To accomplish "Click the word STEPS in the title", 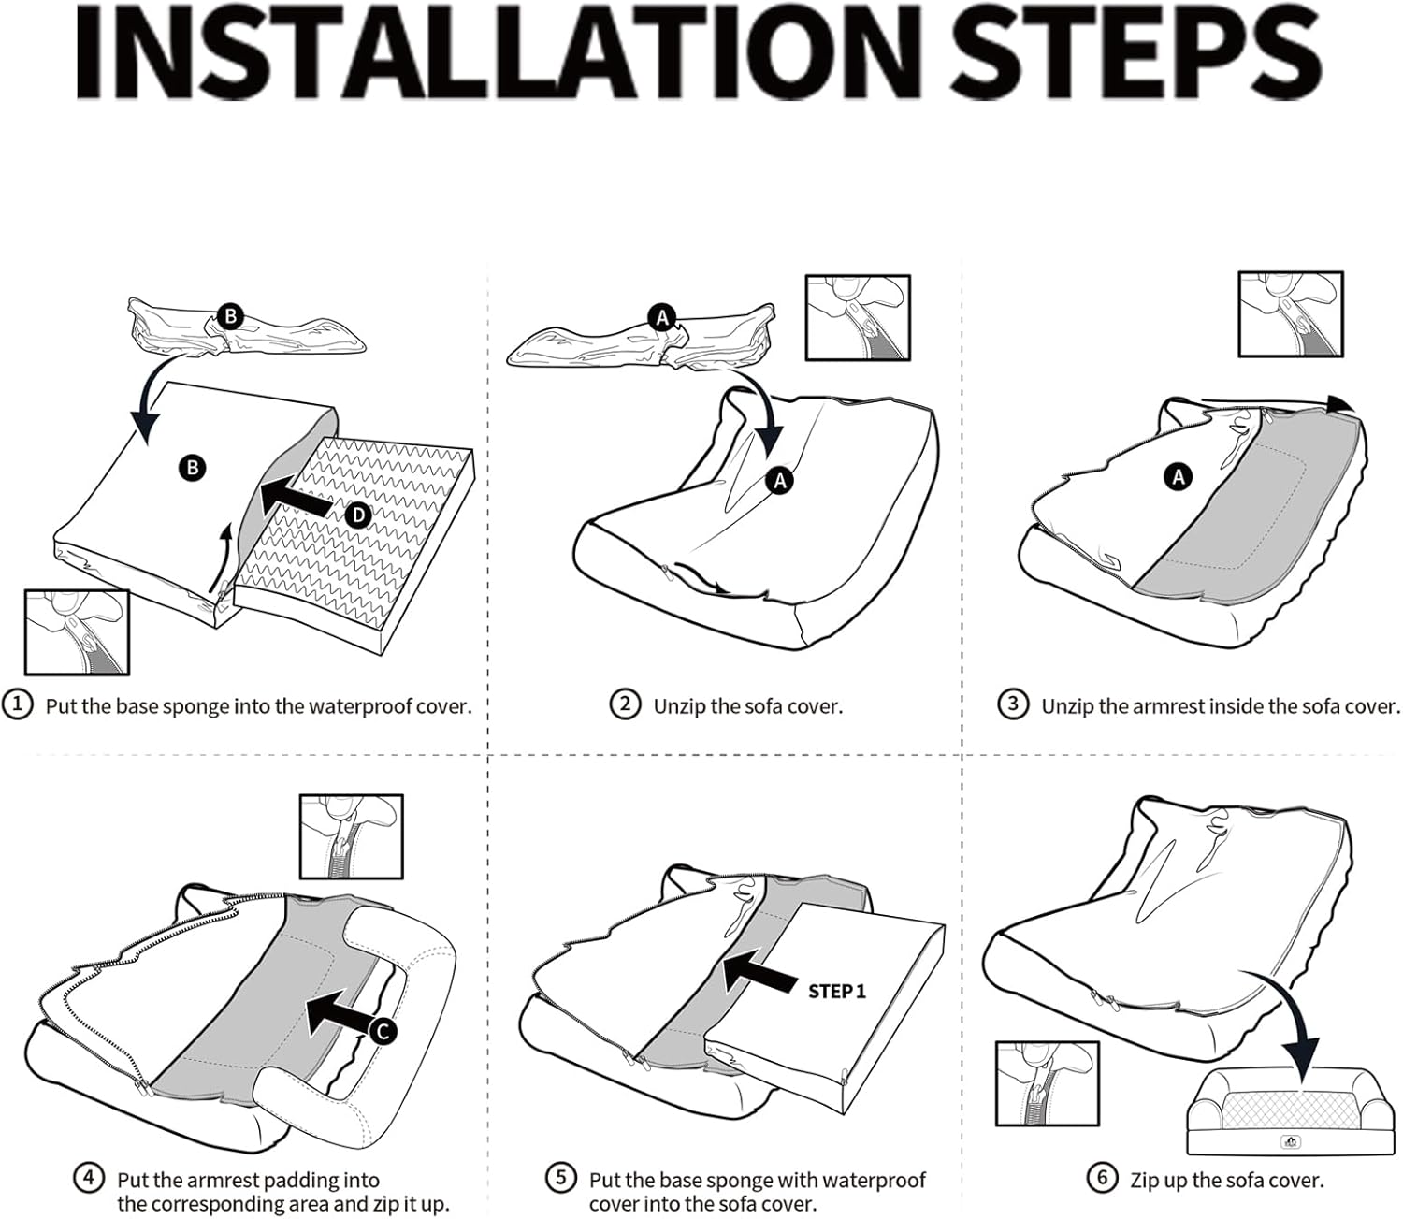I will [1136, 55].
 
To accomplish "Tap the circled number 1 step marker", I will [17, 704].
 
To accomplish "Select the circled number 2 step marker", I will [625, 704].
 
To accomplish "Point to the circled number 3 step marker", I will [1013, 704].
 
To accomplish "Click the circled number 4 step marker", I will [89, 1178].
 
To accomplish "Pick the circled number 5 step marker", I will [561, 1178].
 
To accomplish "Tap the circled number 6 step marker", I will [1102, 1178].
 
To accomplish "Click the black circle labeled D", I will [358, 514].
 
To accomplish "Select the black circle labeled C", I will [382, 1031].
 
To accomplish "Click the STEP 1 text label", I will [837, 992].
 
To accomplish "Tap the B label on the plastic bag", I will [230, 316].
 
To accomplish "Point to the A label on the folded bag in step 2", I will [662, 318].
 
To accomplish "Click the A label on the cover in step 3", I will [1179, 477].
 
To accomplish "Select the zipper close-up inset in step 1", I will [77, 631].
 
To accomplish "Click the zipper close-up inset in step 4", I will [351, 836].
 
